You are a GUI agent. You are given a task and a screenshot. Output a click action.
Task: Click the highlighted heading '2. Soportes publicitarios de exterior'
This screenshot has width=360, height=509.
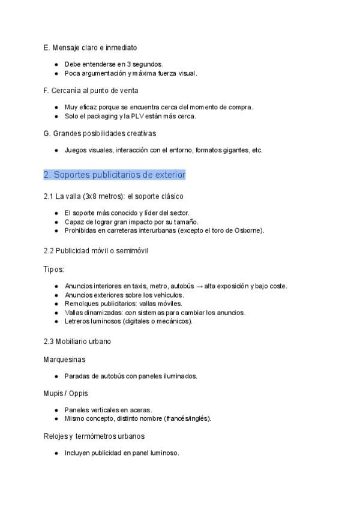pyautogui.click(x=114, y=175)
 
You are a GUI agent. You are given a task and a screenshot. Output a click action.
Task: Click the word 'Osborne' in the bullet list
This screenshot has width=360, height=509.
pyautogui.click(x=248, y=230)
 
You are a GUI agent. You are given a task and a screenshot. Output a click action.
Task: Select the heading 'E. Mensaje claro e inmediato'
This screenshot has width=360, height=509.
pyautogui.click(x=91, y=47)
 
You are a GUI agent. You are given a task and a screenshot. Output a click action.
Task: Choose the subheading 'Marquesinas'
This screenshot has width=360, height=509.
pyautogui.click(x=64, y=360)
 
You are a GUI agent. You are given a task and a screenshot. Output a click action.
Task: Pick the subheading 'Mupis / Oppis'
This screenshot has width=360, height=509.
pyautogui.click(x=66, y=393)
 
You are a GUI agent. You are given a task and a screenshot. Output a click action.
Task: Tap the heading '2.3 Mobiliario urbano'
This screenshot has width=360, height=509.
pyautogui.click(x=77, y=342)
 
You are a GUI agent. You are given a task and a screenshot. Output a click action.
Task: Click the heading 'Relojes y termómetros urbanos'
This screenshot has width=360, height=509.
pyautogui.click(x=94, y=436)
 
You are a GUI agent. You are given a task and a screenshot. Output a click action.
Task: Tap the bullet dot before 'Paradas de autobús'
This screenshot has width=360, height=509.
pyautogui.click(x=56, y=376)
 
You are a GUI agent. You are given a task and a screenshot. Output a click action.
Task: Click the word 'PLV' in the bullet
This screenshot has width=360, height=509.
pyautogui.click(x=137, y=116)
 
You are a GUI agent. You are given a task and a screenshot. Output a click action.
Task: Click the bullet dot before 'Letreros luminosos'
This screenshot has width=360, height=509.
pyautogui.click(x=56, y=321)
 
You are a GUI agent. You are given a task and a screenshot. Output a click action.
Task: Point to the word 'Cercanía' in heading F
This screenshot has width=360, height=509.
pyautogui.click(x=65, y=90)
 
